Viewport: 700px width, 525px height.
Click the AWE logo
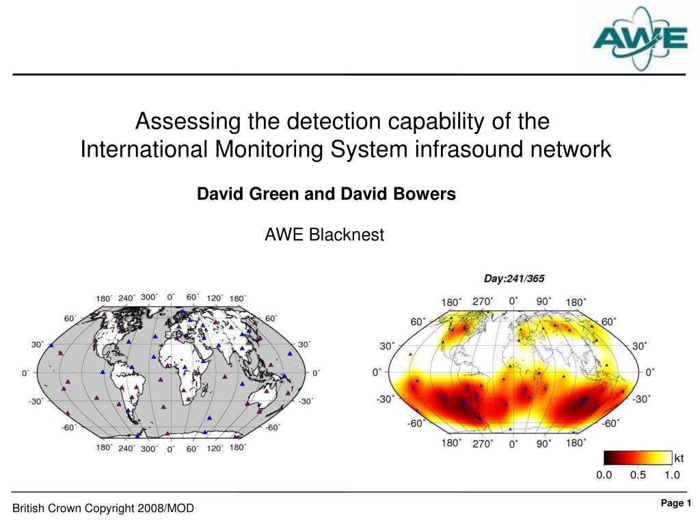point(640,39)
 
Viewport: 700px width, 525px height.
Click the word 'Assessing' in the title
point(188,122)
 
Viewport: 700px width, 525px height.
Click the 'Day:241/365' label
point(514,279)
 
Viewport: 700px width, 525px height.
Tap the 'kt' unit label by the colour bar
point(679,459)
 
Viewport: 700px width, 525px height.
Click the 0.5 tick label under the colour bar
point(638,475)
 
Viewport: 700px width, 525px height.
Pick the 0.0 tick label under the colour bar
point(604,475)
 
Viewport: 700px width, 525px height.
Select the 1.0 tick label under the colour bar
point(672,475)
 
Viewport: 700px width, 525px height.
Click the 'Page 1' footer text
point(676,503)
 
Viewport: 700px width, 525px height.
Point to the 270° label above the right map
point(483,301)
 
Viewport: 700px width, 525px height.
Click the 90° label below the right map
point(543,443)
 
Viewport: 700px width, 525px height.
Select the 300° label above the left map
point(149,297)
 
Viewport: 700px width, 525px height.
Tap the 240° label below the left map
point(126,448)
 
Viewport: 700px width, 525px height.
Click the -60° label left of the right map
point(416,423)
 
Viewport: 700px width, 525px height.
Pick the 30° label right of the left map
point(304,345)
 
